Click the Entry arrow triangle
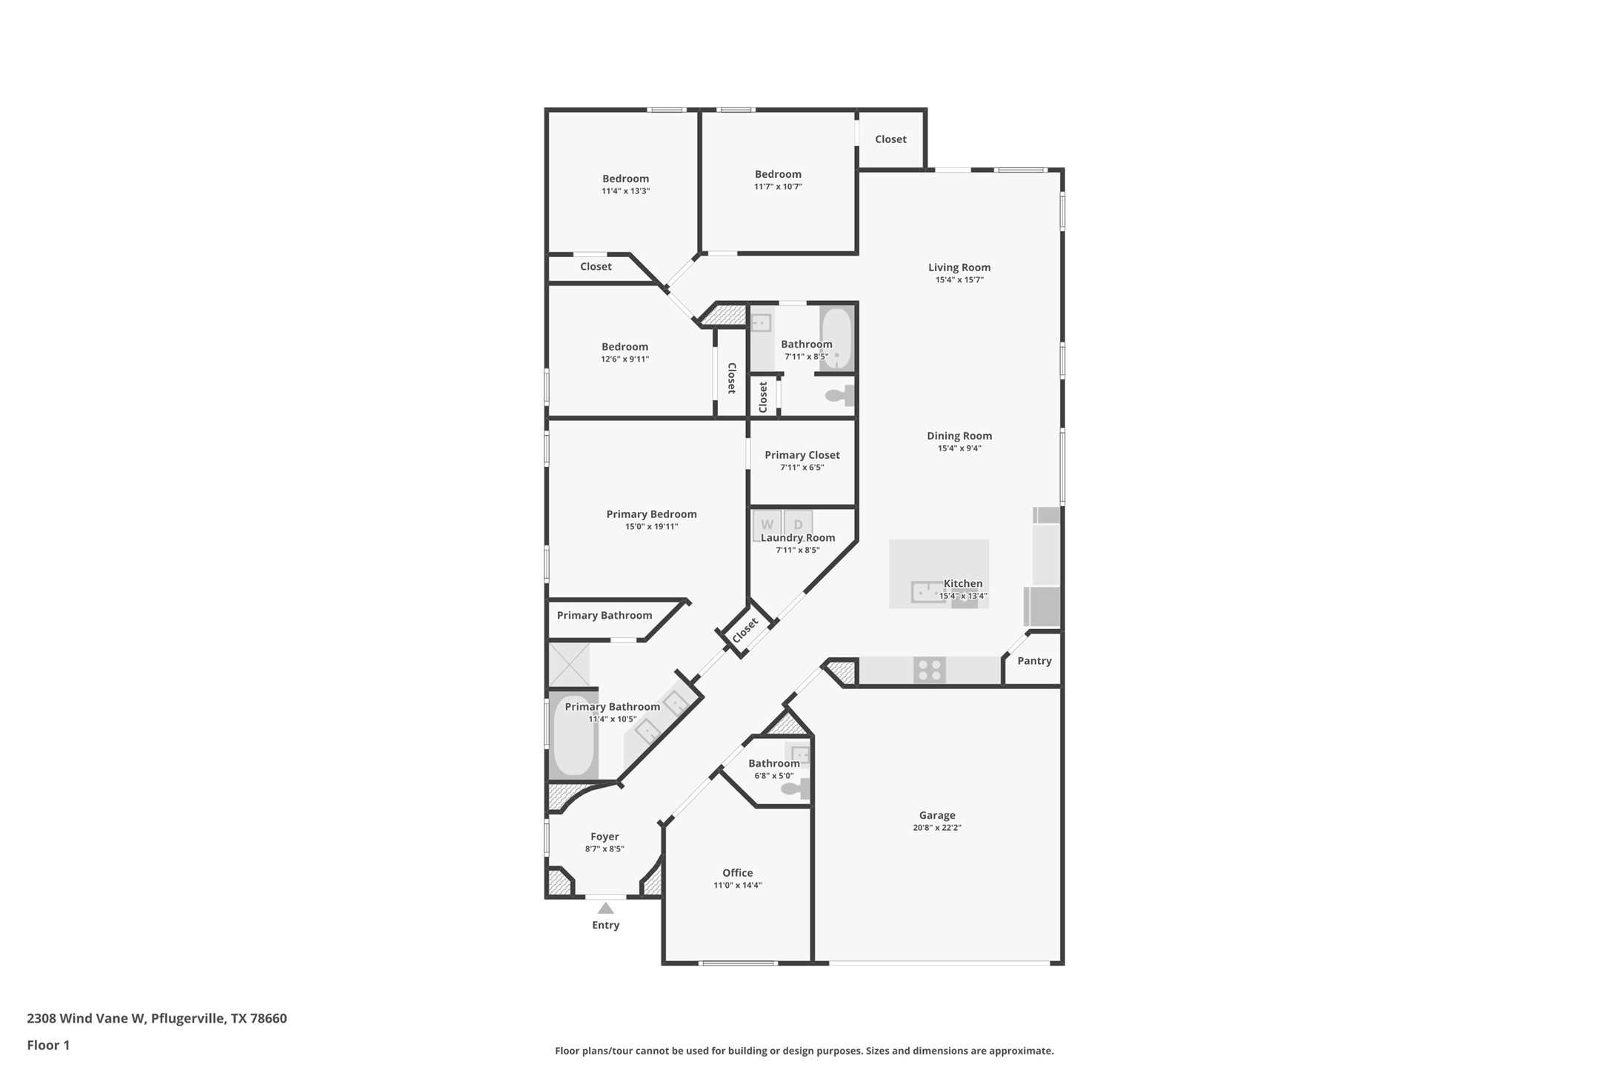(605, 908)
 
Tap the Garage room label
(936, 815)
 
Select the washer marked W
(767, 524)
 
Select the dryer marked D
(798, 524)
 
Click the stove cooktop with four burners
(929, 670)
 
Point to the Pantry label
(1034, 661)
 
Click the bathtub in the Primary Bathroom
(574, 736)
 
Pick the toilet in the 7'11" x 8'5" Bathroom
(839, 396)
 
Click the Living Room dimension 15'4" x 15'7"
(959, 280)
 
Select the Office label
(737, 873)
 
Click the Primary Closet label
(802, 455)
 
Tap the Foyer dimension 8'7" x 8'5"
(604, 849)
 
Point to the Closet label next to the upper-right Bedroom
(890, 139)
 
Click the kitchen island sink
(927, 592)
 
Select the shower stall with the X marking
(569, 665)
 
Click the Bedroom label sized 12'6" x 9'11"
(624, 347)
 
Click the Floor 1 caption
(48, 1046)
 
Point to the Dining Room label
(959, 436)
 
